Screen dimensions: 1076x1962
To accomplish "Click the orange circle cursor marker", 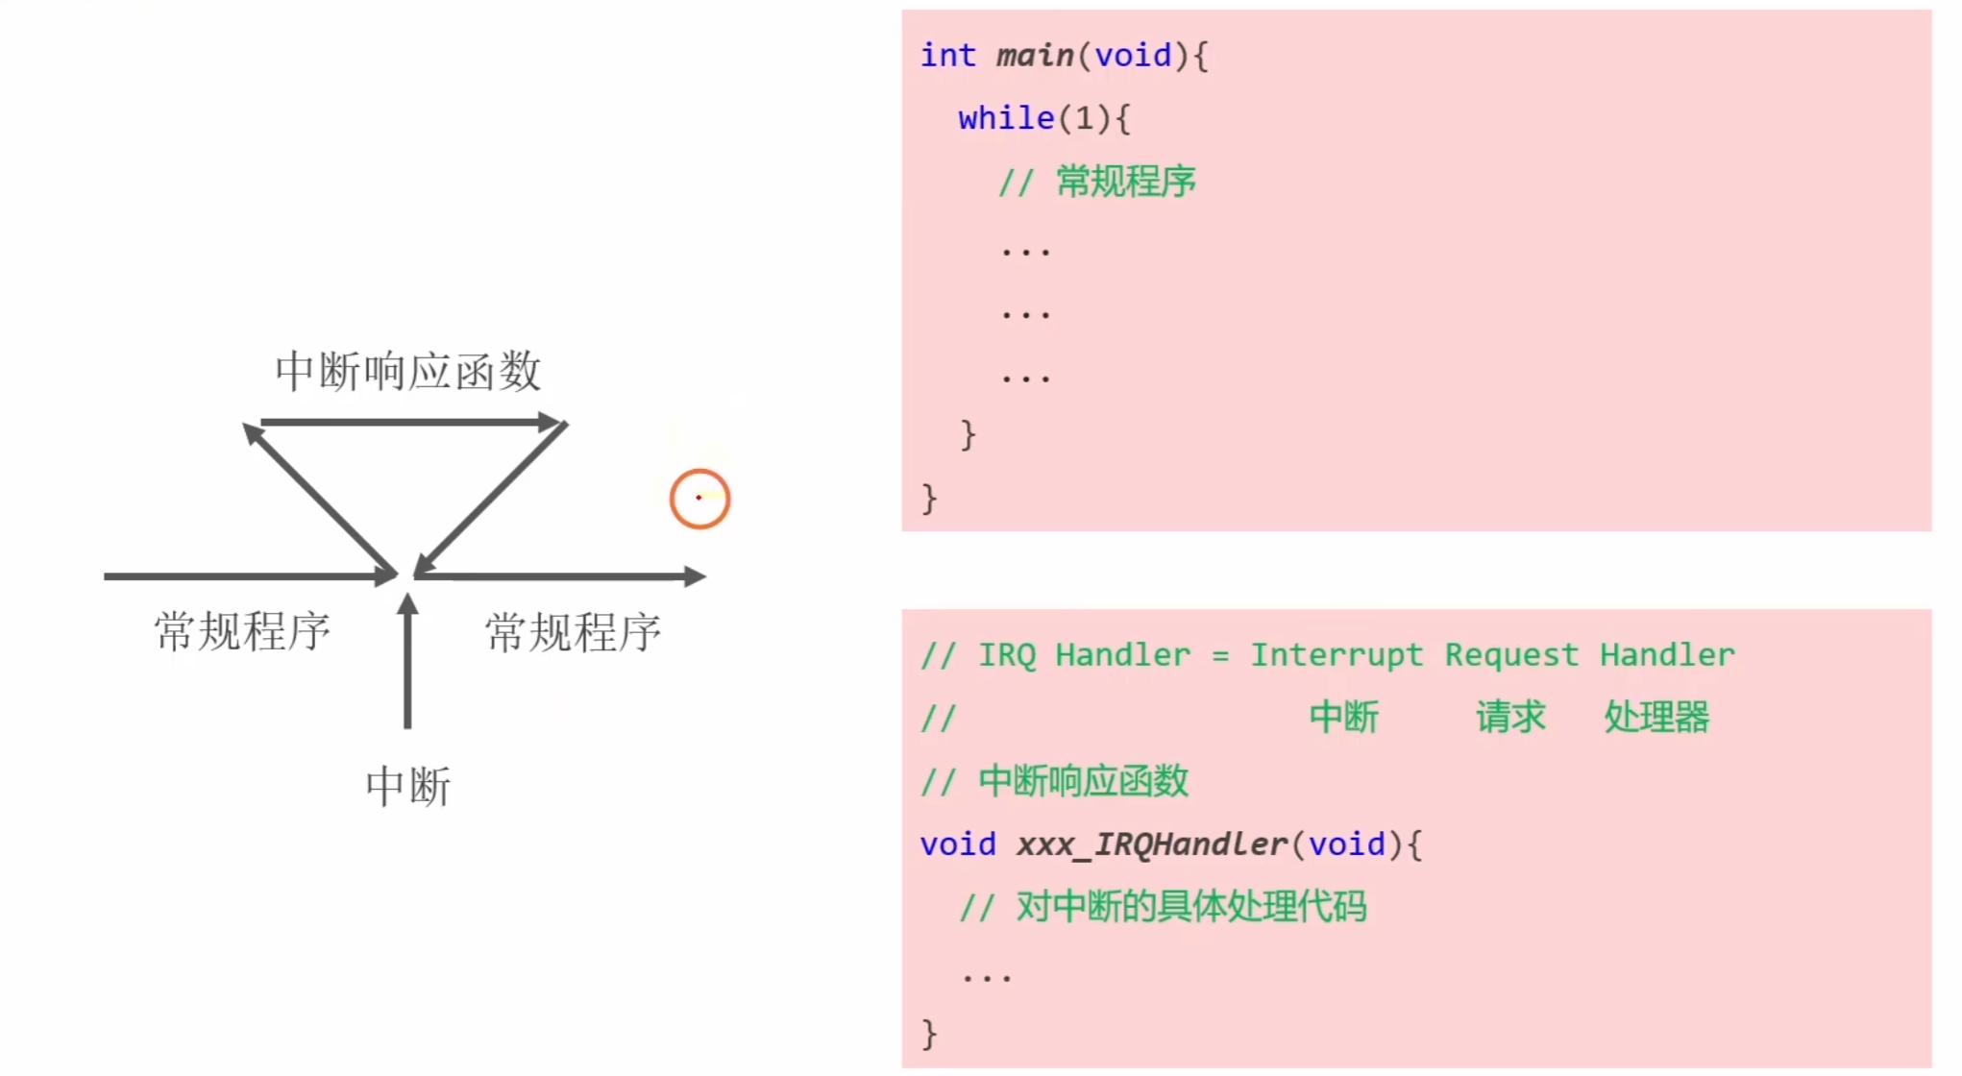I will click(x=699, y=499).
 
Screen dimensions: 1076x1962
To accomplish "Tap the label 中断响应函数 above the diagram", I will click(x=408, y=372).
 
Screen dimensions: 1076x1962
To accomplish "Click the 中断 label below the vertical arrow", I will click(x=408, y=786).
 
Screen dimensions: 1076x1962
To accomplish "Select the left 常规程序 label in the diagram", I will click(x=242, y=632).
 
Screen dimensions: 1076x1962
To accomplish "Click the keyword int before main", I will click(x=947, y=56).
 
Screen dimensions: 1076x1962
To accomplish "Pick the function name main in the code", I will click(x=1035, y=56).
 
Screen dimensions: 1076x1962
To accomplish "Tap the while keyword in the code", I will click(x=1006, y=118).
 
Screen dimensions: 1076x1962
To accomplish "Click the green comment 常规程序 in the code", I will click(x=1126, y=182).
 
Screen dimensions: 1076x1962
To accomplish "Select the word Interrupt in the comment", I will click(x=1336, y=655).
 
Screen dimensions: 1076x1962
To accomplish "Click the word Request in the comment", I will click(x=1511, y=655).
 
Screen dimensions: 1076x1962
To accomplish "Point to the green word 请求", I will click(x=1510, y=718).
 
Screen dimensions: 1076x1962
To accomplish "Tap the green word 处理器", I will click(x=1656, y=718).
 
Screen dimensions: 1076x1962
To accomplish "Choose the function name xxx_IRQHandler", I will click(x=1151, y=844).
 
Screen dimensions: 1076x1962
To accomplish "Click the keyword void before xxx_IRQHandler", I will click(x=958, y=844).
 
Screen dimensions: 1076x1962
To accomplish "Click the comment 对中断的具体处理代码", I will click(x=1191, y=907).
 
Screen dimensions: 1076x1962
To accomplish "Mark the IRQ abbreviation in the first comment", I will click(x=1007, y=655).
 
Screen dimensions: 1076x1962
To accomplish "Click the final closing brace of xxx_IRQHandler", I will click(x=929, y=1034).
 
